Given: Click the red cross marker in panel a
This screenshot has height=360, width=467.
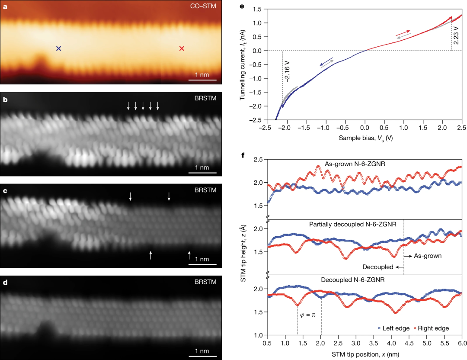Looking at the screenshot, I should pos(182,49).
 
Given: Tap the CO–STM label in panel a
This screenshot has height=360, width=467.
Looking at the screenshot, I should pos(203,6).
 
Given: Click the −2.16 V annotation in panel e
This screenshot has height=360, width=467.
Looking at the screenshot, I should pos(288,70).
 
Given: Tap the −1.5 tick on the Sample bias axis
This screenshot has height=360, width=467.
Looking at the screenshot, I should pos(305,128).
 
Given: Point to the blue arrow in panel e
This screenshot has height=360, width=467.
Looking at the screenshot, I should pos(326,61).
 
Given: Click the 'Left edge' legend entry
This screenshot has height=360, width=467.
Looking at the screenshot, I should pos(394,328).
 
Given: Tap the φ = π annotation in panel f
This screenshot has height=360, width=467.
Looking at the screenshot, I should pos(307,315).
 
